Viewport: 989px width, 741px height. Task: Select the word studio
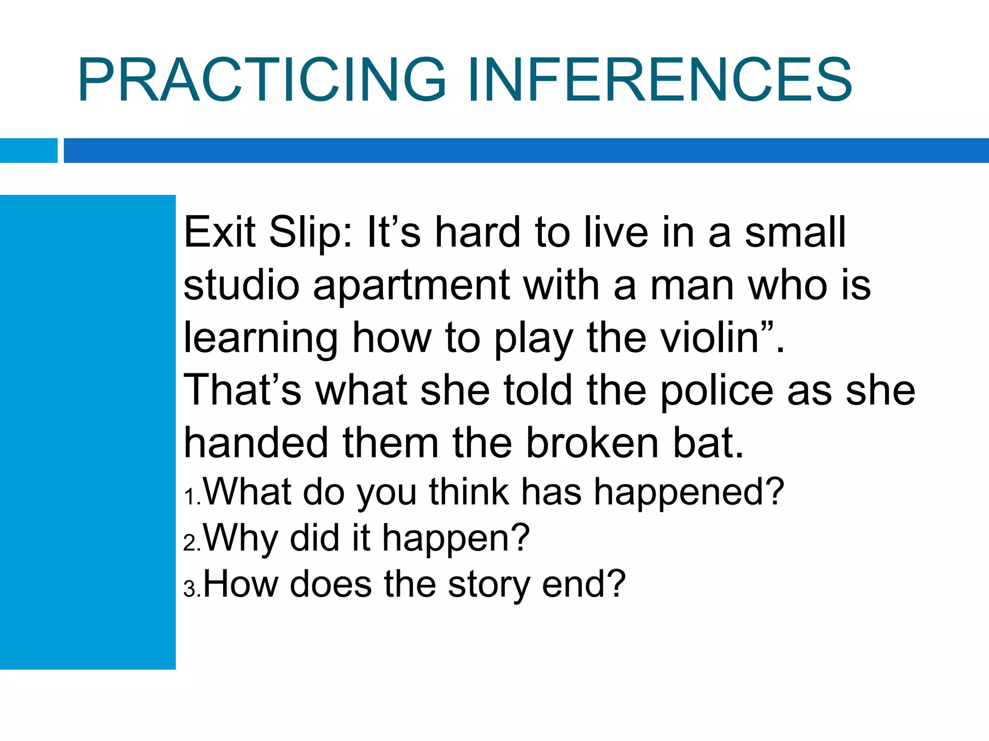click(241, 286)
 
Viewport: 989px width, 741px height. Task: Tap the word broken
click(592, 443)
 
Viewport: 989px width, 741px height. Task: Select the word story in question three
click(488, 585)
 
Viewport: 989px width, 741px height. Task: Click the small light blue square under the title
click(28, 151)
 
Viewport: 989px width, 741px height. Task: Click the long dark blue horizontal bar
click(526, 151)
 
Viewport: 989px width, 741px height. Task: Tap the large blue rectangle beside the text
click(87, 432)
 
